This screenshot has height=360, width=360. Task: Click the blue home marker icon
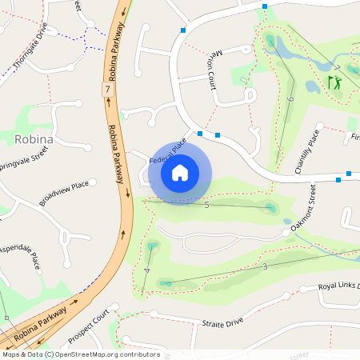[x=180, y=172]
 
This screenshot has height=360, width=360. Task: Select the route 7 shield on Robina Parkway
[x=107, y=91]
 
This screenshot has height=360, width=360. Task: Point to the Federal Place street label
[x=167, y=152]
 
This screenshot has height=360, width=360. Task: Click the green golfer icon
[x=334, y=82]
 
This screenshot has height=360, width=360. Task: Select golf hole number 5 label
[x=207, y=206]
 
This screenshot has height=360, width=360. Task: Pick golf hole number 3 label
[x=264, y=266]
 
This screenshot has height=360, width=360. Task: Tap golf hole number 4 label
[x=147, y=271]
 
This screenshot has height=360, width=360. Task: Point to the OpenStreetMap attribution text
[x=81, y=354]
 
